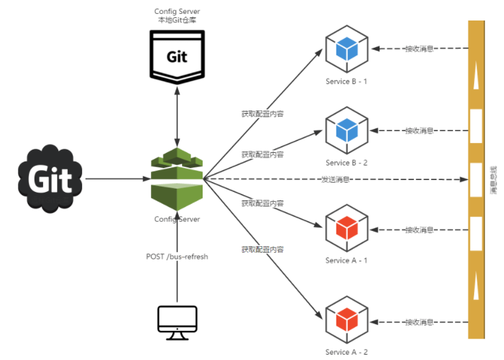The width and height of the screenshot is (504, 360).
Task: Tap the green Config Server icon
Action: tap(176, 179)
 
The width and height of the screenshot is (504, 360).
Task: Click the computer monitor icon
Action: tap(177, 322)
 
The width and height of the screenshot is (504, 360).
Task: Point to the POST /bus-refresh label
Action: tap(177, 256)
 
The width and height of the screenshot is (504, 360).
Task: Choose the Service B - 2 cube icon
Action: tap(346, 130)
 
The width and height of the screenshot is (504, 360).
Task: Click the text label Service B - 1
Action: tap(346, 81)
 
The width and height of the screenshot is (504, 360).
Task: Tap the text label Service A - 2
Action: tap(346, 352)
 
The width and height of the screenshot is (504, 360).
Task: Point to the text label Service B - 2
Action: tap(346, 163)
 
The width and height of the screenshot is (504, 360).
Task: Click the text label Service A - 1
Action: tap(346, 261)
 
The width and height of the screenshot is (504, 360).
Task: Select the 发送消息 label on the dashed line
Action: tap(336, 179)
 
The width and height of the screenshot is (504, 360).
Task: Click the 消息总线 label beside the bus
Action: tap(493, 179)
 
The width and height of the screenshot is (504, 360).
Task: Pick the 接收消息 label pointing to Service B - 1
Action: tap(419, 48)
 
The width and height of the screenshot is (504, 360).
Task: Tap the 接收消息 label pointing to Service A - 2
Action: tap(419, 322)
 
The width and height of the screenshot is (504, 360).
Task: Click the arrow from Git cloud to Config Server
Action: tap(116, 179)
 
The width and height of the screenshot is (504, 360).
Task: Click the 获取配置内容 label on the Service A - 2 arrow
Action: tap(262, 249)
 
